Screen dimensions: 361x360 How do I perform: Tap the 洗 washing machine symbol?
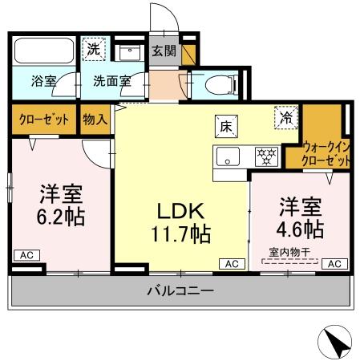click(x=95, y=48)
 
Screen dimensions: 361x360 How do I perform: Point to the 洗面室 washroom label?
click(x=110, y=81)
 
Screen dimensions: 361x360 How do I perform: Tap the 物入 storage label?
click(x=95, y=120)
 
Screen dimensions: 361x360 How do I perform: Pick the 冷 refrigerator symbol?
click(x=285, y=117)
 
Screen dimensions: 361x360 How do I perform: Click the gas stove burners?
click(x=265, y=156)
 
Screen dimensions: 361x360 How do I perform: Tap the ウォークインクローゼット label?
click(x=326, y=152)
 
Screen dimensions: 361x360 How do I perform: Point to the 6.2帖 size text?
click(x=62, y=217)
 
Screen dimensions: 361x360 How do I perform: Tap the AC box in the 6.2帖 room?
click(x=26, y=256)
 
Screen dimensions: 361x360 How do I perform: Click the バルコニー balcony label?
click(x=180, y=290)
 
